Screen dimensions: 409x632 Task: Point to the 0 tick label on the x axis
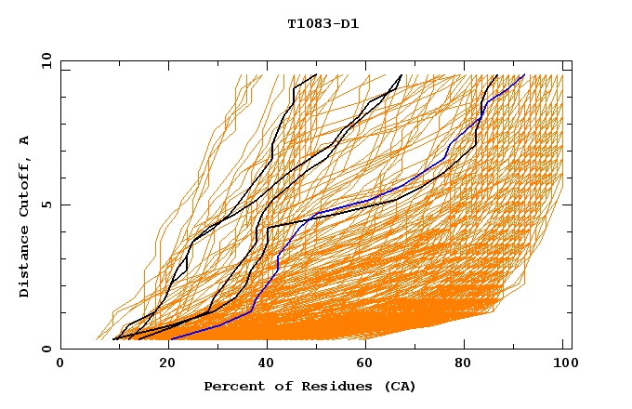[x=60, y=364]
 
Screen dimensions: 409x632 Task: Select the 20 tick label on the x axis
[x=161, y=364]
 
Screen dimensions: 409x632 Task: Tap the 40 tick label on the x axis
[x=262, y=364]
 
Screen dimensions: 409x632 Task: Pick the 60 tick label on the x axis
[x=362, y=364]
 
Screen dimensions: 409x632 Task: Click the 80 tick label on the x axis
[x=463, y=364]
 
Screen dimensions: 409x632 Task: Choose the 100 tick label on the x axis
[x=563, y=364]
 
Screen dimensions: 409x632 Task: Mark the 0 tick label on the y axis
[x=46, y=350]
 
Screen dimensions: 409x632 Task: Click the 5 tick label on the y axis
[x=46, y=204]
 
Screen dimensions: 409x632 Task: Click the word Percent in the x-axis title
[x=231, y=387]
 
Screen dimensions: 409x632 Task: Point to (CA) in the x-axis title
[x=400, y=387]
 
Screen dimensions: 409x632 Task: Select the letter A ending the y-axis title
[x=25, y=140]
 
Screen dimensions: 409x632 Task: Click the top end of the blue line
[x=525, y=74]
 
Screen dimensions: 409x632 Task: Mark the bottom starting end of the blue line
[x=170, y=339]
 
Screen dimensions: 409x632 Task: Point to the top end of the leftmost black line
[x=317, y=74]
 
